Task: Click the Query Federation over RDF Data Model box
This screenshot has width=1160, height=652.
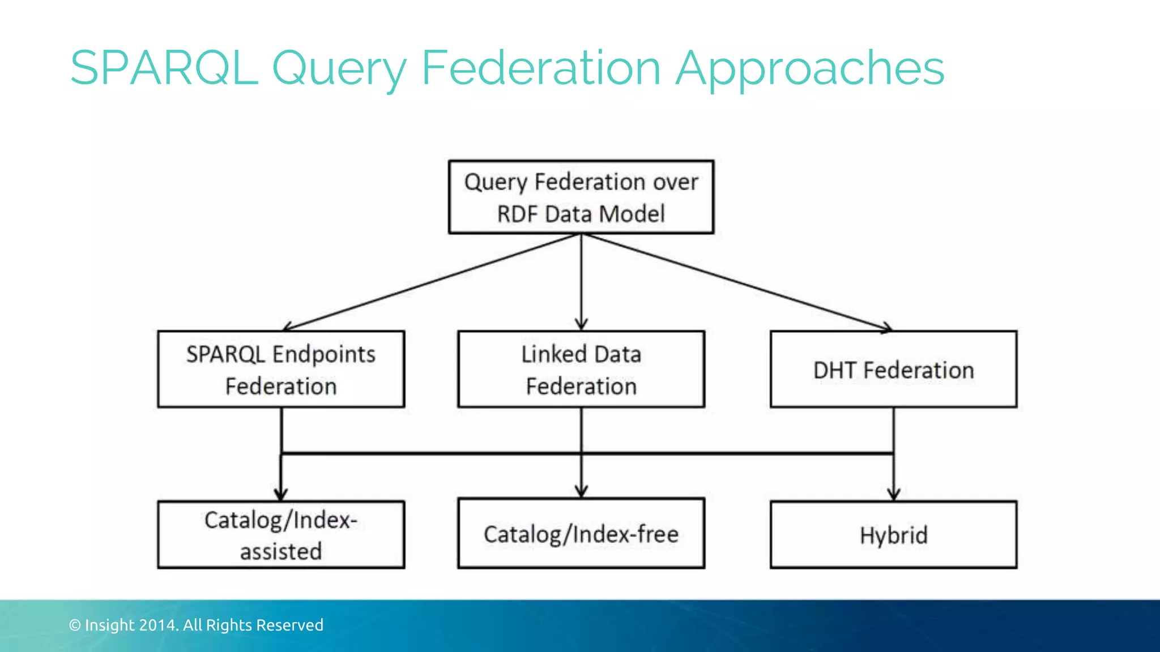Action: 581,197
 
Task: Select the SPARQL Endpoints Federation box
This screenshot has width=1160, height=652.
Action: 281,369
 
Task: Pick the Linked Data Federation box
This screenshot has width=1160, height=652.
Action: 581,369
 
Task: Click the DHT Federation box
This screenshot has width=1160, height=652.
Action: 893,369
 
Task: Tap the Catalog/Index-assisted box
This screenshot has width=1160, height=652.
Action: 281,534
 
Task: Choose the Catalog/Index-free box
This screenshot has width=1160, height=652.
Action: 581,533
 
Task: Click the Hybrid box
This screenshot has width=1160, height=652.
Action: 893,534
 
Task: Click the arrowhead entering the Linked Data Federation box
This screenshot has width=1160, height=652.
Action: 581,324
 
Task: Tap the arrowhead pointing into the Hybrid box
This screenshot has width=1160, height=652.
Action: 894,494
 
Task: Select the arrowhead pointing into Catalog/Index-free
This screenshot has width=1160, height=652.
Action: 581,491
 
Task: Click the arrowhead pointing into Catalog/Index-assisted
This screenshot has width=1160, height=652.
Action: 281,494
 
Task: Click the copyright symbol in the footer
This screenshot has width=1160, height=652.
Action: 75,625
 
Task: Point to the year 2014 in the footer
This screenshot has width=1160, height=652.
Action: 159,625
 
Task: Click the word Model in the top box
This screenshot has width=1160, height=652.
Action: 632,215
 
